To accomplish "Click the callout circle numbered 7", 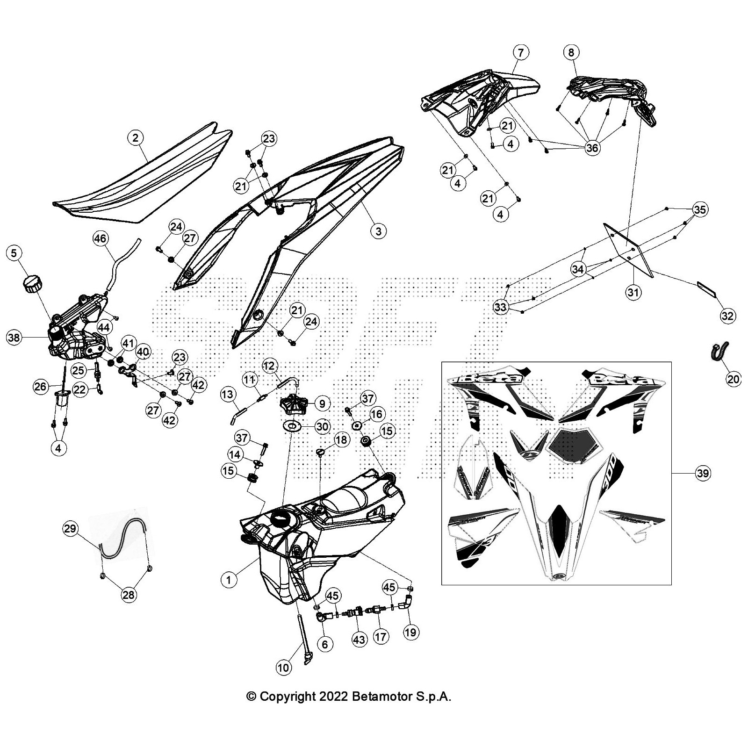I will (521, 52).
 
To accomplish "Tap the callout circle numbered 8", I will (571, 52).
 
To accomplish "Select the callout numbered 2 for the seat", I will (135, 138).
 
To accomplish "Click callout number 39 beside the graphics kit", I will (702, 474).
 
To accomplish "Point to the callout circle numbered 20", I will (734, 379).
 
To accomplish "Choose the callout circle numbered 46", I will (100, 238).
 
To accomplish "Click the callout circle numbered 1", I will (229, 580).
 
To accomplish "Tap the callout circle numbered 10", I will (283, 668).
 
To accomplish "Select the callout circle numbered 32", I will (727, 316).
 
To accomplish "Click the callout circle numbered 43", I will (359, 640).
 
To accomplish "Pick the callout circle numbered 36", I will (592, 148).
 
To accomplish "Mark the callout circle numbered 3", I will (378, 231).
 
